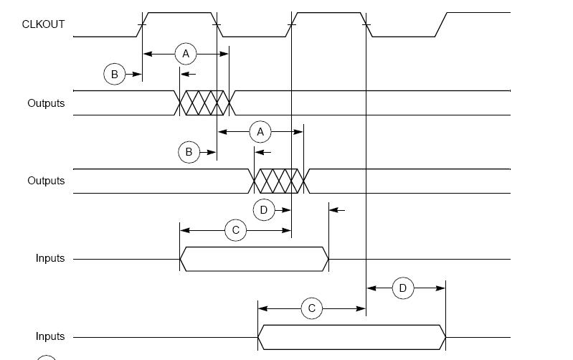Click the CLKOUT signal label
tap(43, 24)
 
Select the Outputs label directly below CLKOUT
tap(46, 103)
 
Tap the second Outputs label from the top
tap(46, 181)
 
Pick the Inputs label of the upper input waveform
tap(50, 258)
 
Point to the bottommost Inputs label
tap(50, 336)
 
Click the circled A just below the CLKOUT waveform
tap(186, 54)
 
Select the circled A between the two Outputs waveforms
tap(260, 132)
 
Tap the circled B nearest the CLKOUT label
tap(114, 74)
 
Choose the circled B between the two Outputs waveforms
tap(189, 152)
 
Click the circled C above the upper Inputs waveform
tap(235, 230)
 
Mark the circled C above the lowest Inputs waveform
tap(311, 309)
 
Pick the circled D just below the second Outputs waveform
tap(264, 210)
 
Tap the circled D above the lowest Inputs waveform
tap(403, 288)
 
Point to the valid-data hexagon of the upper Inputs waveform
tap(254, 259)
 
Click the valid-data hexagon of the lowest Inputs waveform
tap(351, 336)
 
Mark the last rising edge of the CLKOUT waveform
tap(441, 24)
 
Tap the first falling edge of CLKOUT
tap(217, 24)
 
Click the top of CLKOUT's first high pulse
tap(179, 13)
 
